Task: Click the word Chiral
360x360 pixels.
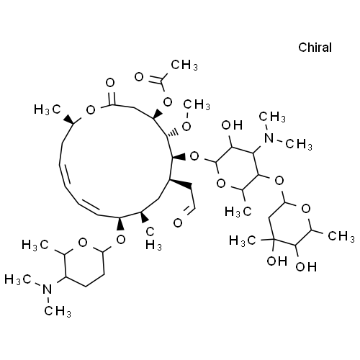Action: [315, 48]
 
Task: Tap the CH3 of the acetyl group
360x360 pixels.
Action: [184, 65]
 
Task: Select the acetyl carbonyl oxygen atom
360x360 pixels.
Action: [139, 77]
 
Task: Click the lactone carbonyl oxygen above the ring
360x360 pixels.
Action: [110, 83]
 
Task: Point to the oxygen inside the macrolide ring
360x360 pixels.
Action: [91, 110]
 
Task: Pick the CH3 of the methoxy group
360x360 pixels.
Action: [197, 104]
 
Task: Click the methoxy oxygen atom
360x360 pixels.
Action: [186, 126]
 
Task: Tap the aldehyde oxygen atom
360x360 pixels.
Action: [178, 223]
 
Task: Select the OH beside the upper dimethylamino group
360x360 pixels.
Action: [232, 125]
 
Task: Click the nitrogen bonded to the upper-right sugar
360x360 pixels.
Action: [269, 138]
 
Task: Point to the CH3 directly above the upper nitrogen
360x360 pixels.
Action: [272, 117]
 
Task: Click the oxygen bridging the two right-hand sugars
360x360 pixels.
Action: [279, 181]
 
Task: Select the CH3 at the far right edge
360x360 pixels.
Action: [341, 236]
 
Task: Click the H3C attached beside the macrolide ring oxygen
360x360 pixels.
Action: [48, 109]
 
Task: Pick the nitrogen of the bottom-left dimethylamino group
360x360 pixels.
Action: [48, 289]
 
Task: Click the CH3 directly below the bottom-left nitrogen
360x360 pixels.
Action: [58, 311]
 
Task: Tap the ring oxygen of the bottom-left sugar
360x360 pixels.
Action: [83, 243]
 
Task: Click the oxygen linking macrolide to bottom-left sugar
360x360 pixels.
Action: [121, 239]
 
